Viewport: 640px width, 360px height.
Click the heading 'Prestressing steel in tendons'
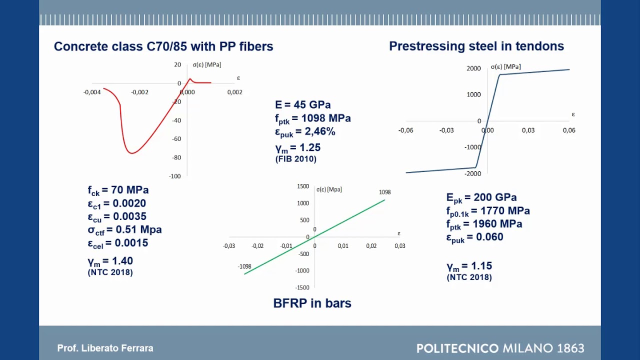tap(476, 46)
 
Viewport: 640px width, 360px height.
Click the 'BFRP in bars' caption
tap(312, 303)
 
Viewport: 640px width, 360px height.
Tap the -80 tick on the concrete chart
tap(176, 157)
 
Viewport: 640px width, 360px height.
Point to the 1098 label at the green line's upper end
tap(384, 192)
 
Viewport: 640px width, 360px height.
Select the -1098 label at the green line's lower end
tap(244, 266)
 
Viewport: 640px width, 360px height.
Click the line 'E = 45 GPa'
tap(302, 105)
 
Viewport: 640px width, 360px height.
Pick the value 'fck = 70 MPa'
tap(118, 190)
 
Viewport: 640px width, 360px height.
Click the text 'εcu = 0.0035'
tap(117, 216)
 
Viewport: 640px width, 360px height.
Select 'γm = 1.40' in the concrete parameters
tap(110, 261)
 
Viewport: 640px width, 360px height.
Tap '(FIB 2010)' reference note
tap(295, 159)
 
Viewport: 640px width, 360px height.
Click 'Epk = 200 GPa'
tap(481, 197)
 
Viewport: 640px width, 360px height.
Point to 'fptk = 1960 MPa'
tap(483, 224)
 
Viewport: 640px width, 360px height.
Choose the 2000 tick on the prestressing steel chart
tap(473, 68)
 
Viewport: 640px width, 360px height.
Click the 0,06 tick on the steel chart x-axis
tap(568, 130)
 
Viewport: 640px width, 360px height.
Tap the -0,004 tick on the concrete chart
tap(92, 92)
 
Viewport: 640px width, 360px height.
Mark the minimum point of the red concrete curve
tap(131, 153)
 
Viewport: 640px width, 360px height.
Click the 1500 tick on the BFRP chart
tap(303, 186)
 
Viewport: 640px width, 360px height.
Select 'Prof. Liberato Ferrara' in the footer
tap(105, 348)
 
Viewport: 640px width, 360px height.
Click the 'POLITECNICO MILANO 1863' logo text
tap(500, 348)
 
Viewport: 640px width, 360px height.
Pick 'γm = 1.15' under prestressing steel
tap(469, 266)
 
